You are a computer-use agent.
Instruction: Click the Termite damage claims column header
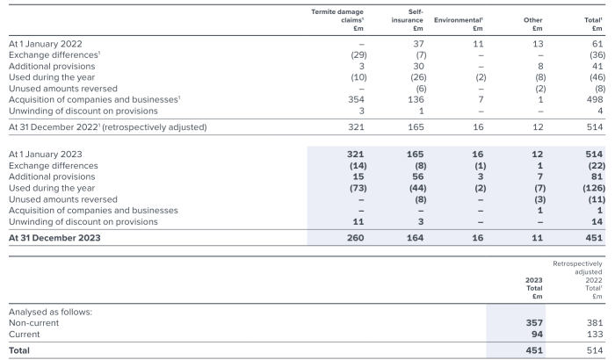[338, 19]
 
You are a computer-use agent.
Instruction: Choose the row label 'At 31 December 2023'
[54, 238]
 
